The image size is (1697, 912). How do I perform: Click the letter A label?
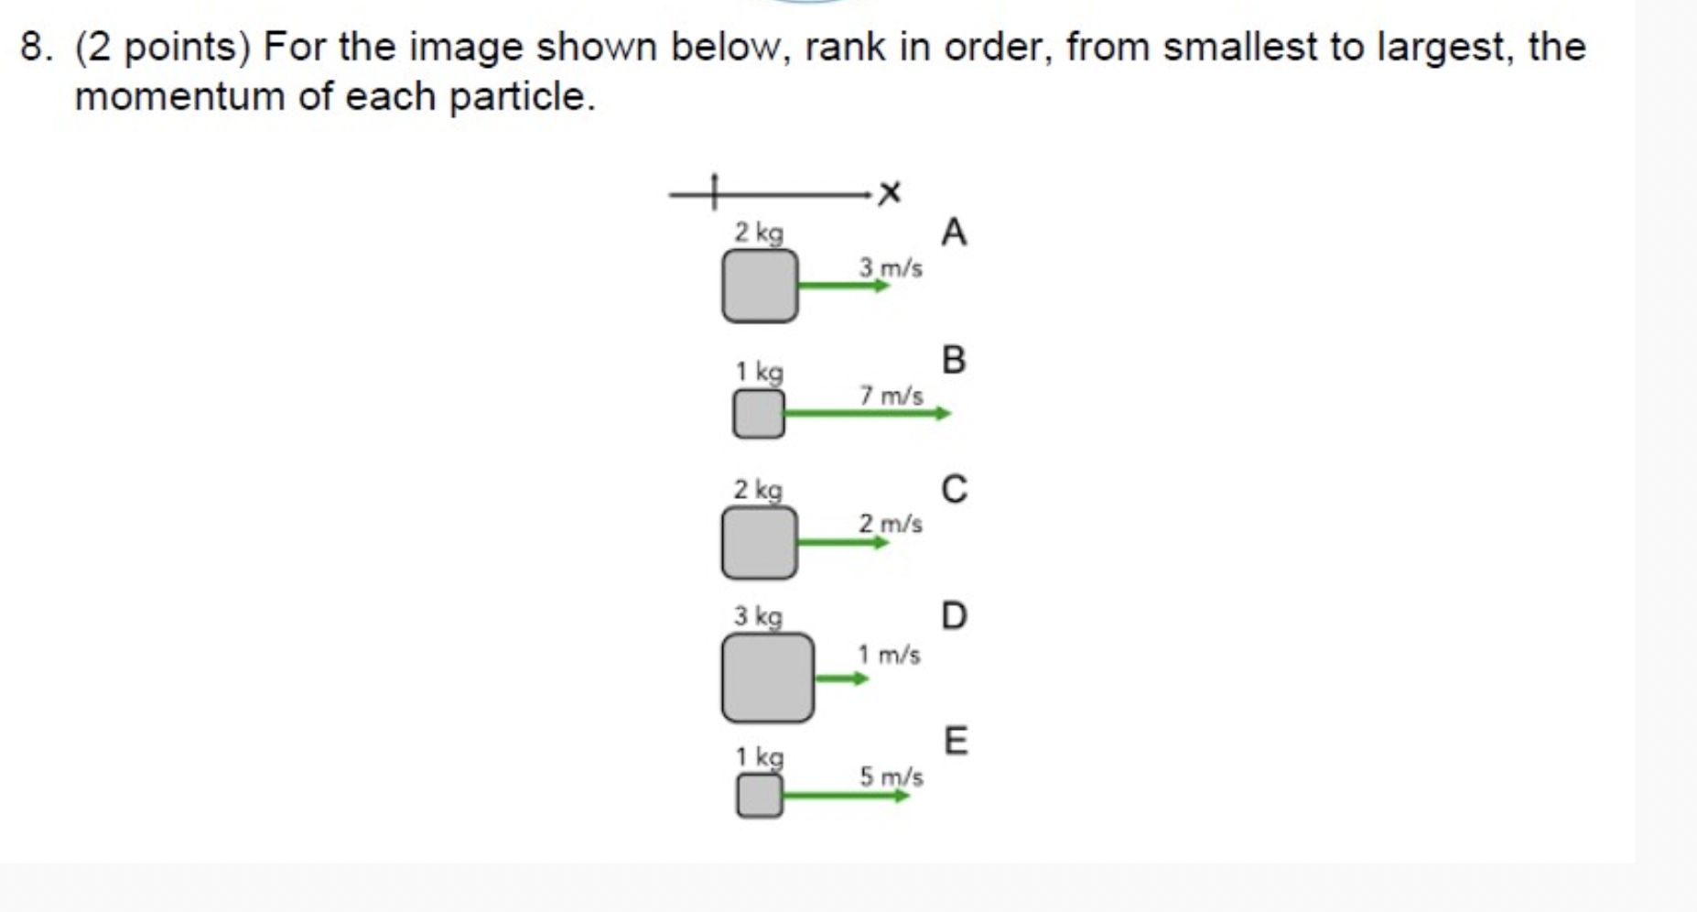953,232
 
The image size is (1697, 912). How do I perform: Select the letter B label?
953,360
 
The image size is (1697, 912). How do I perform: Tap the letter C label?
953,489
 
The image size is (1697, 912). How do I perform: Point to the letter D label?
953,615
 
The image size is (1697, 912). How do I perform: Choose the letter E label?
955,740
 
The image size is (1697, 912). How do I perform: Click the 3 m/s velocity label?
890,268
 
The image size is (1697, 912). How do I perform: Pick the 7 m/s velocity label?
891,396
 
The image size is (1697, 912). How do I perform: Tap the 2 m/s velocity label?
890,524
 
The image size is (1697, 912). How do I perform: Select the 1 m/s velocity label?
889,655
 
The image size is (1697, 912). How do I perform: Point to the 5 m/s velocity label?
891,776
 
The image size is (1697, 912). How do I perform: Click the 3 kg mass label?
758,616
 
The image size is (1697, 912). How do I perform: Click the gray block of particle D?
767,678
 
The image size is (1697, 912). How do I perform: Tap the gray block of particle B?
759,414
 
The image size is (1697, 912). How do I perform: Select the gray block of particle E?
760,796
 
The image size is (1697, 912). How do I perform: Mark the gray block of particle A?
760,286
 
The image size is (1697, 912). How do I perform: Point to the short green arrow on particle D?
840,679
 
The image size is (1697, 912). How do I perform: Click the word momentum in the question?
179,96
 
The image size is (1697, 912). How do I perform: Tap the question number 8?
34,47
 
